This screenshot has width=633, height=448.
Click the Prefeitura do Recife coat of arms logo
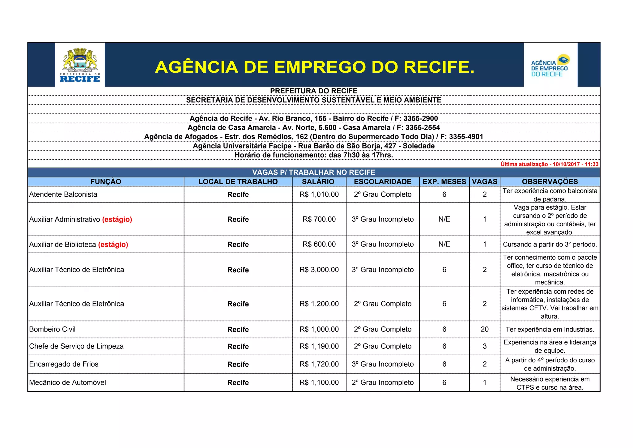80,65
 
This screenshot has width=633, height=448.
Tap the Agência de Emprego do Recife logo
550,66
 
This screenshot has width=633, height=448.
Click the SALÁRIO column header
318,181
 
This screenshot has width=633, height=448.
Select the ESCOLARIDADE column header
382,181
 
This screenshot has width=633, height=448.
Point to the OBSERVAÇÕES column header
550,181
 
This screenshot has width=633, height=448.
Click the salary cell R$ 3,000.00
319,270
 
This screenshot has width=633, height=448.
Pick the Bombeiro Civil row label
52,329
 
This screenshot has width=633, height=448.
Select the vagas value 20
484,329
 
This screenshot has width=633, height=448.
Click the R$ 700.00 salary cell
319,219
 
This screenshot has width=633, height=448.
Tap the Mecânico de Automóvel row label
67,382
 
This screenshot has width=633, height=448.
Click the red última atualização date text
549,164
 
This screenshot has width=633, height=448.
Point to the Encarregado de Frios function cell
64,364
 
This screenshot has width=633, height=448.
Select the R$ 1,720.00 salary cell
319,364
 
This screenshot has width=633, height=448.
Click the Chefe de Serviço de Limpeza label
76,346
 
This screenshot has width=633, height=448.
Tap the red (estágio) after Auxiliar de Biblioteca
113,245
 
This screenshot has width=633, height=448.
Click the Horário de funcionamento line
313,155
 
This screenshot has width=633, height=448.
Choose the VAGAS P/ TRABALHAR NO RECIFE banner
313,172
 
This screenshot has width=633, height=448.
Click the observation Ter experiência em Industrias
550,329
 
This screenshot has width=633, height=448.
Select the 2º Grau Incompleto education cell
382,382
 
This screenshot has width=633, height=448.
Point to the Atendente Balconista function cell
63,194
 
